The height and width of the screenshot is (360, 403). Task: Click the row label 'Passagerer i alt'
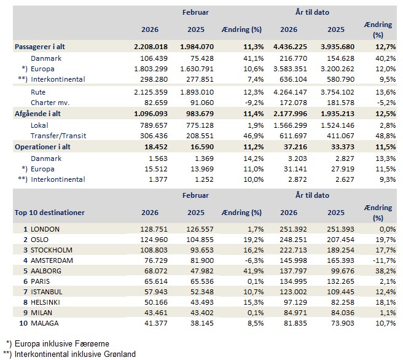[x=42, y=47]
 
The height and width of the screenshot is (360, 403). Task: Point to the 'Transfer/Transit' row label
[x=60, y=136]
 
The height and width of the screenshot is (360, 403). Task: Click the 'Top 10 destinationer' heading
[x=50, y=213]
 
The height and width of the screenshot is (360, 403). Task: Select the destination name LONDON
[x=46, y=229]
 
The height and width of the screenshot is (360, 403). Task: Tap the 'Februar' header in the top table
[x=195, y=12]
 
